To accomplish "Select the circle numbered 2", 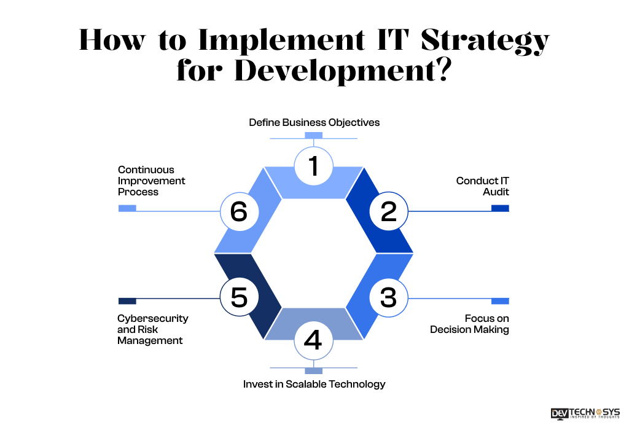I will click(x=388, y=211).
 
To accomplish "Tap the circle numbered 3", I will click(x=388, y=298).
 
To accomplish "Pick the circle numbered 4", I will click(x=313, y=340).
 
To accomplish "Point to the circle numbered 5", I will click(x=239, y=298).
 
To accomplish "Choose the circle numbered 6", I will click(x=239, y=211).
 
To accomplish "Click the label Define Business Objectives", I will click(x=314, y=122).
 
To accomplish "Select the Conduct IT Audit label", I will click(x=482, y=186).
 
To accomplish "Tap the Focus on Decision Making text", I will click(x=470, y=324).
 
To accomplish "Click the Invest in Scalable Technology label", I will click(x=314, y=384).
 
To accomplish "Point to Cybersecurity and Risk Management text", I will click(x=152, y=329).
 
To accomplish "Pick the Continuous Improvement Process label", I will click(x=151, y=181).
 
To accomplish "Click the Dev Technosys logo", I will click(x=585, y=413).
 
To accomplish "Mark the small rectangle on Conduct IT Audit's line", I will click(x=500, y=208).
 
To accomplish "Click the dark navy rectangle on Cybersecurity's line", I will click(x=127, y=301).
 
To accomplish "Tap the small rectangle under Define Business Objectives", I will click(x=313, y=135).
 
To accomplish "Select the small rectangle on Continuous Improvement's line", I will click(x=127, y=208).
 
